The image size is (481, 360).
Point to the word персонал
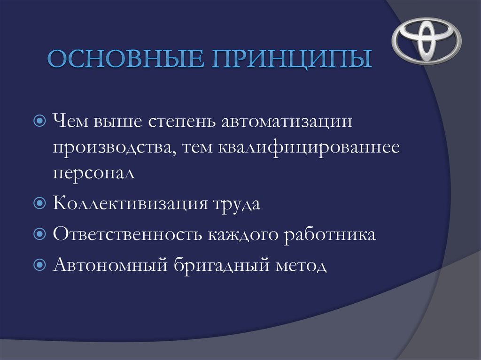(x=93, y=173)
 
